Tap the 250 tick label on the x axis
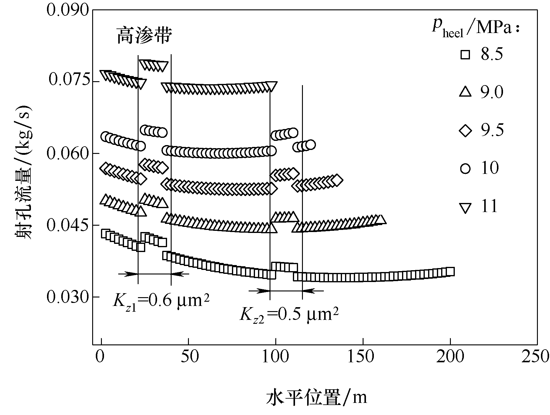click(x=537, y=357)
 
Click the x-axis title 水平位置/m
click(x=317, y=397)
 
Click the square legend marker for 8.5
click(x=465, y=55)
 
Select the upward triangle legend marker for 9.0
click(x=465, y=92)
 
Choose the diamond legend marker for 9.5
click(x=465, y=130)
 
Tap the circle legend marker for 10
click(x=465, y=168)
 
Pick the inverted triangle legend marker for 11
click(x=465, y=207)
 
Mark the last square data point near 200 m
click(x=450, y=271)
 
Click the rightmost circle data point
click(x=310, y=145)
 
